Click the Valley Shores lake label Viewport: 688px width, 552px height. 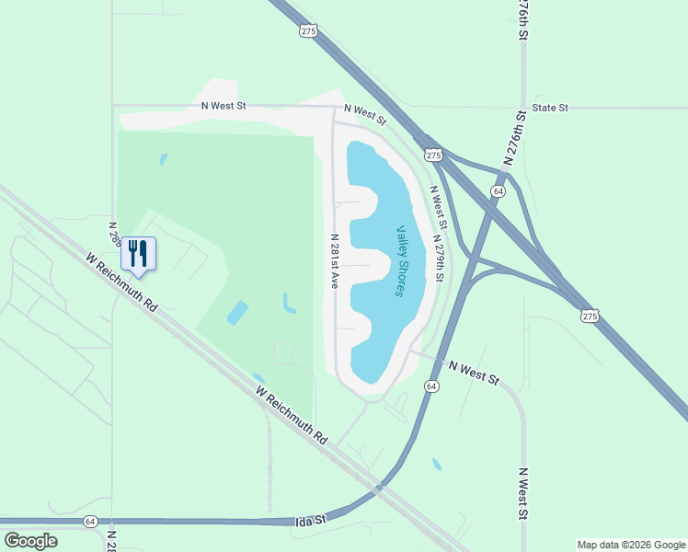coord(401,261)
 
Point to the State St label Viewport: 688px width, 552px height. coord(550,108)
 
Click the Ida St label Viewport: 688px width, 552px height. coord(312,521)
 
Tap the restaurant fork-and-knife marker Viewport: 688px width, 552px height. coord(138,254)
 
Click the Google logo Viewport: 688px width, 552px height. coord(30,541)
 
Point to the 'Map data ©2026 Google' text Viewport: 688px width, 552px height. coord(630,545)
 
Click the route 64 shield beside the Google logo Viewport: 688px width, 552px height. coord(90,521)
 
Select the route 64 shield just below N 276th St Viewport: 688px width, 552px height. coord(498,190)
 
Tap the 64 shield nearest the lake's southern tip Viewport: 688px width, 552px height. coord(431,386)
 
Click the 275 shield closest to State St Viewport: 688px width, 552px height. coord(431,155)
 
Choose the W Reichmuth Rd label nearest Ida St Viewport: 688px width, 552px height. coord(292,415)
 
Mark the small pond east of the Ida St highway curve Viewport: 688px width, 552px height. coord(436,465)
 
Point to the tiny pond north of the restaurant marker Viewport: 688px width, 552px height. coord(164,159)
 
